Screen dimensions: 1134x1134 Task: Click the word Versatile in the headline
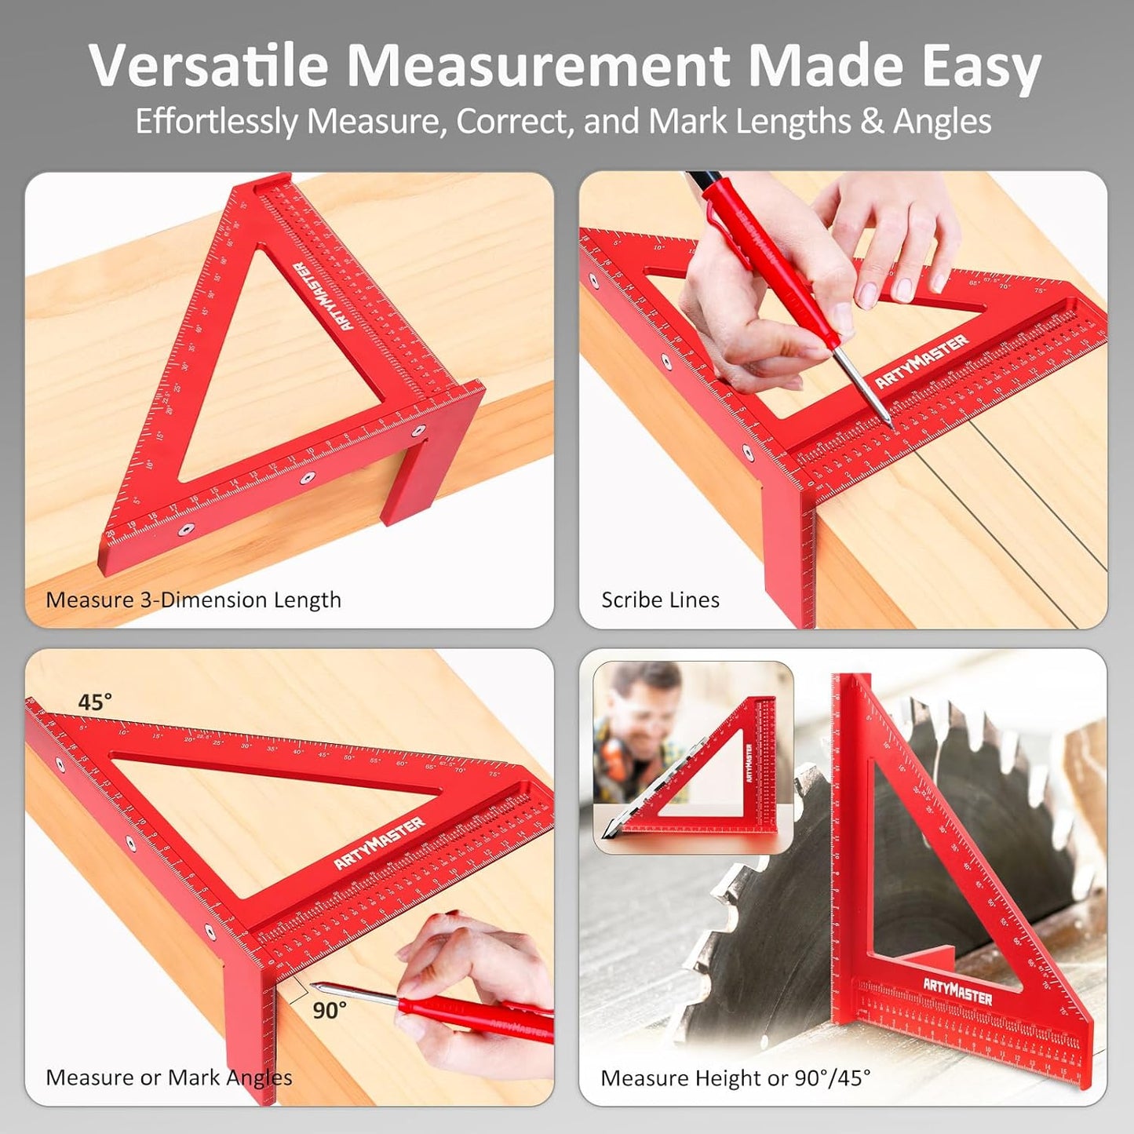[x=208, y=66]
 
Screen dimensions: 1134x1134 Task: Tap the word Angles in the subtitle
[x=942, y=122]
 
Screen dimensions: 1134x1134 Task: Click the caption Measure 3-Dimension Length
[x=193, y=600]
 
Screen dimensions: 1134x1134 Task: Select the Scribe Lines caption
[x=660, y=600]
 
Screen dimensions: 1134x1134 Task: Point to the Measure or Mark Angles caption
[x=169, y=1077]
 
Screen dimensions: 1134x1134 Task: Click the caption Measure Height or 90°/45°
[x=735, y=1077]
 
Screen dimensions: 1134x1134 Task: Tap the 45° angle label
[x=94, y=702]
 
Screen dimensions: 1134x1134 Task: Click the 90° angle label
[x=330, y=1010]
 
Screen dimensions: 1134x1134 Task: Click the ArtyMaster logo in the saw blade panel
[x=957, y=992]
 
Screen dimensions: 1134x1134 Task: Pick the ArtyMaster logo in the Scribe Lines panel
[x=921, y=361]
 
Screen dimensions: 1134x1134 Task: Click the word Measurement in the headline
[x=538, y=66]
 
